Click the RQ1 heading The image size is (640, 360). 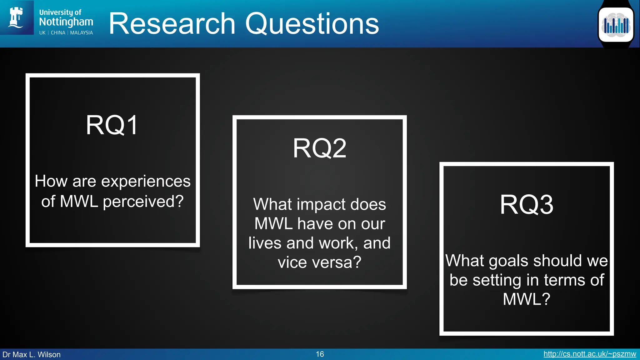point(112,125)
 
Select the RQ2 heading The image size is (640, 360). point(319,148)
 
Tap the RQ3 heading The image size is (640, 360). point(527,205)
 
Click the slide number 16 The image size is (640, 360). point(320,354)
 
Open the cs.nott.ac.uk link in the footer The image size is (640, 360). point(589,354)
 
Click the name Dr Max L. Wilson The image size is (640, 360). point(32,355)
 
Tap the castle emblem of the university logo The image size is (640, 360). point(16,17)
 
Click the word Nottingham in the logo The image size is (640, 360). point(66,22)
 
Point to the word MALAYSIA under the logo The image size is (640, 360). point(81,33)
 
